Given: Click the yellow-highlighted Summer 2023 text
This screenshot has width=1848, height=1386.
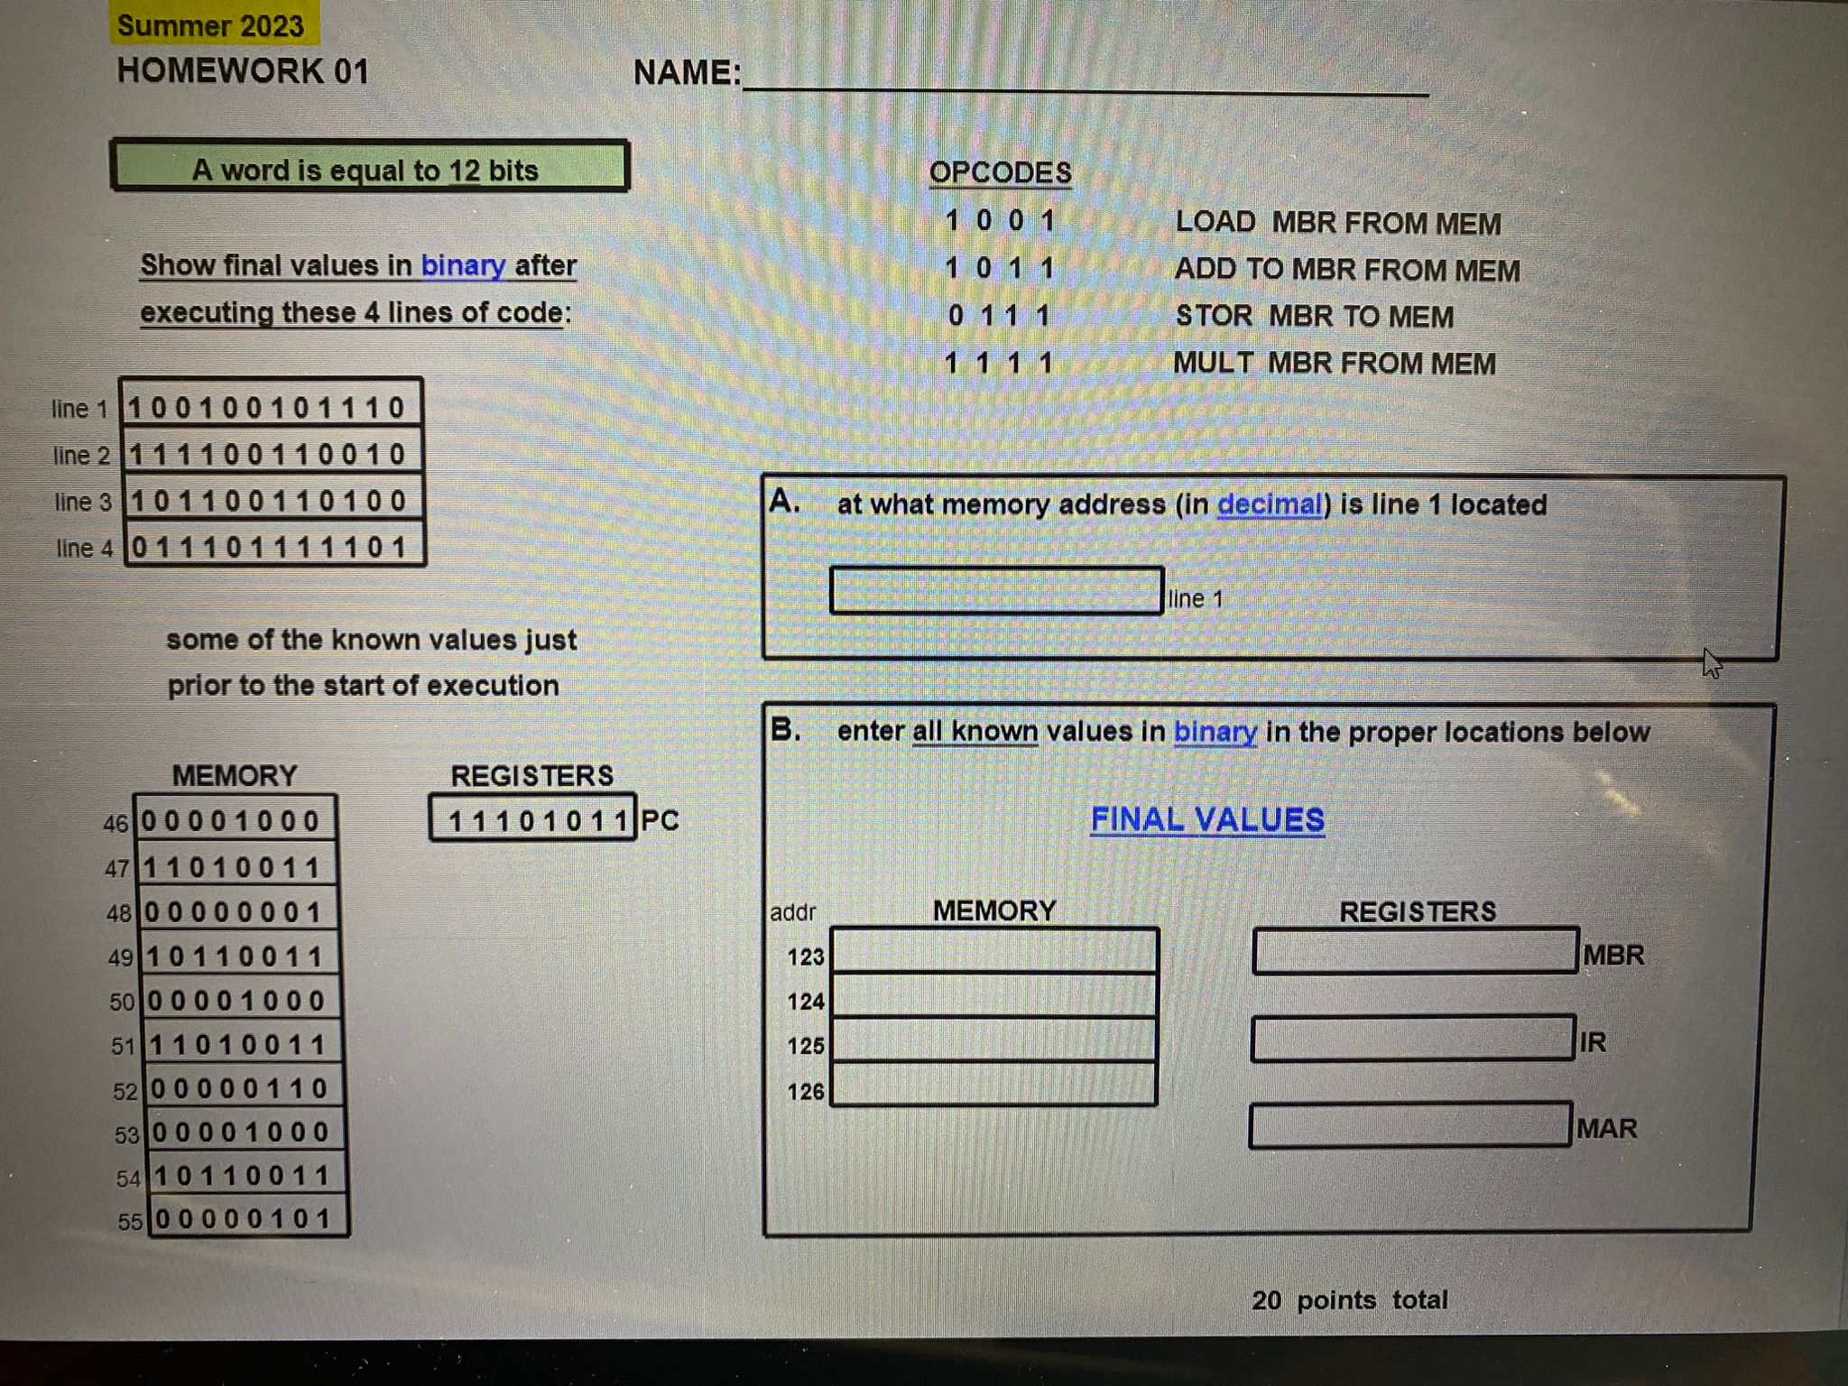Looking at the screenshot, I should pos(210,25).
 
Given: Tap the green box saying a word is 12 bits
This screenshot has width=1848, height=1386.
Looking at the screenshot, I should pos(369,168).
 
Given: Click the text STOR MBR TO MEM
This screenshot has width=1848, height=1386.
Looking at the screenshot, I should pos(1314,317).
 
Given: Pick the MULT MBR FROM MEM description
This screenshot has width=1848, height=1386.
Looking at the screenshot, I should pos(1334,364).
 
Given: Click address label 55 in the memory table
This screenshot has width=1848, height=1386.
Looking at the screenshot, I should pos(130,1222).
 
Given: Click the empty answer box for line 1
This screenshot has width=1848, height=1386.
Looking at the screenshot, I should pos(995,591).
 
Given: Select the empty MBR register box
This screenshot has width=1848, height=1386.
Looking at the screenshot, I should pos(1414,951).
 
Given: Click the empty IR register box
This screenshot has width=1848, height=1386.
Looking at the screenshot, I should pos(1412,1039).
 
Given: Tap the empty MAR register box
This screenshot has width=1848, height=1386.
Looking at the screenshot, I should pos(1409,1125).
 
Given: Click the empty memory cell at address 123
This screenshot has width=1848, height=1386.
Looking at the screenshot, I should pos(993,952).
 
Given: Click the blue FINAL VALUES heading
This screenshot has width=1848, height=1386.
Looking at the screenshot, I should pos(1207,819).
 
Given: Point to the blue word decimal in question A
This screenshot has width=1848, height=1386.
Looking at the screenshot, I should pos(1270,504).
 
